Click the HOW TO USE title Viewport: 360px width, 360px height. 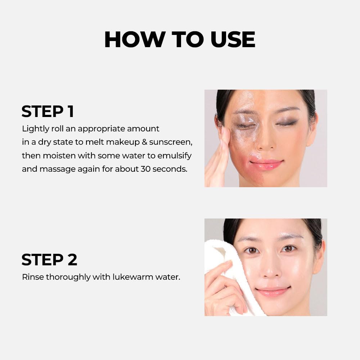point(180,40)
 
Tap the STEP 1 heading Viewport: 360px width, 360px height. point(48,112)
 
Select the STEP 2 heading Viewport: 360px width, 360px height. point(49,260)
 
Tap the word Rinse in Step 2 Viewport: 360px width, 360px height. point(32,277)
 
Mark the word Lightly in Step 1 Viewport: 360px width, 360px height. point(35,129)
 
